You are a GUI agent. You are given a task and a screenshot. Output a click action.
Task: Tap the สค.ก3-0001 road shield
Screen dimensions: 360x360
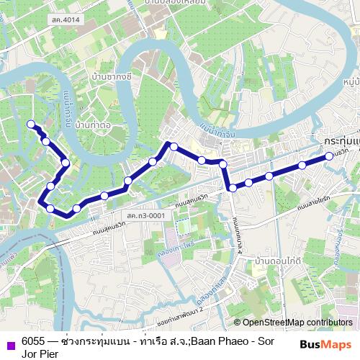[143, 215]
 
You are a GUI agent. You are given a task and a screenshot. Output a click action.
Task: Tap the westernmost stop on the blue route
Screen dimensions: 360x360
[30, 124]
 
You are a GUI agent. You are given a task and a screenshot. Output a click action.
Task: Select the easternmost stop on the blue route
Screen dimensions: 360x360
[328, 155]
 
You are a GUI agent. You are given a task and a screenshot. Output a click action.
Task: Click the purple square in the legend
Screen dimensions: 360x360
[9, 345]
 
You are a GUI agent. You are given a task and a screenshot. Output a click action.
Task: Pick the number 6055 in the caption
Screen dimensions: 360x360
[33, 341]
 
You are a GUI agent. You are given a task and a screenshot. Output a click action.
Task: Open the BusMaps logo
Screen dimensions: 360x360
[325, 345]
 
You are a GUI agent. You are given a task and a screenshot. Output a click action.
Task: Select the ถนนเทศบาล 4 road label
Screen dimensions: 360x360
[237, 238]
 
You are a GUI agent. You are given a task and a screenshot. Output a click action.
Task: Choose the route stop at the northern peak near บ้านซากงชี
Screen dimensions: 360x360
[173, 145]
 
